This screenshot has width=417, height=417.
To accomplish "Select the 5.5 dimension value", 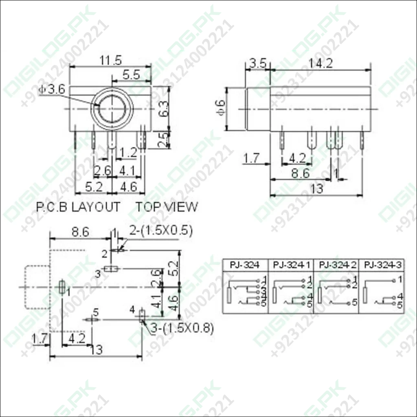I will pyautogui.click(x=131, y=75).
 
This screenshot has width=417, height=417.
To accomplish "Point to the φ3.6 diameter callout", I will pyautogui.click(x=53, y=90).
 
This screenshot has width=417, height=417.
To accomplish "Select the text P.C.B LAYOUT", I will pyautogui.click(x=78, y=206).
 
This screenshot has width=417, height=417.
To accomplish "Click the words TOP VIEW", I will pyautogui.click(x=167, y=206).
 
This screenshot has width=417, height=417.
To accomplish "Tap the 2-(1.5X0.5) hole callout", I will pyautogui.click(x=161, y=230).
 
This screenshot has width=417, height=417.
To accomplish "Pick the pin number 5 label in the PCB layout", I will pyautogui.click(x=96, y=313).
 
